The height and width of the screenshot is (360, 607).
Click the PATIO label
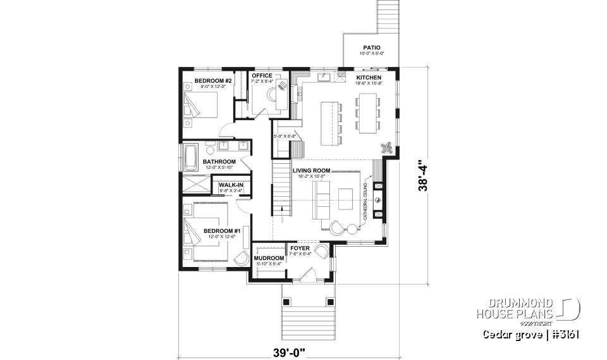click(x=371, y=47)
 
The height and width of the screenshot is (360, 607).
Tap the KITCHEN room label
click(x=368, y=77)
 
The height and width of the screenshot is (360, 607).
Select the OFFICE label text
click(x=262, y=76)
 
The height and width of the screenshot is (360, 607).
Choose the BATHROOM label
click(x=219, y=162)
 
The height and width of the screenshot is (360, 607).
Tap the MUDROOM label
click(x=268, y=258)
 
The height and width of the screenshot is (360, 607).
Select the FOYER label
click(x=300, y=249)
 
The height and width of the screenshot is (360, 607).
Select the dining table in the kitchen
click(x=367, y=113)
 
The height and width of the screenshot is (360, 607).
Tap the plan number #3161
click(x=565, y=334)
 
